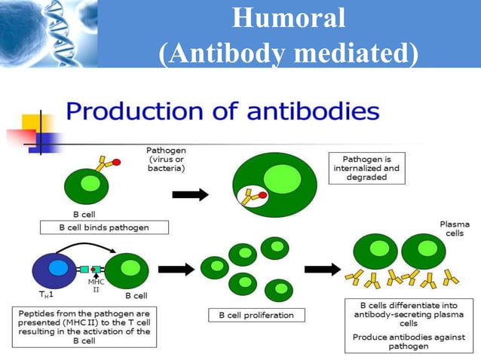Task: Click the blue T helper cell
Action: click(x=57, y=267)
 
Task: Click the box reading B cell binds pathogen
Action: click(x=103, y=227)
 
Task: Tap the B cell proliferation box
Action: click(x=251, y=315)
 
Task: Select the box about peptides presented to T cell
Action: click(x=84, y=326)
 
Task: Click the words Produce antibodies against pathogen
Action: click(x=408, y=341)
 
